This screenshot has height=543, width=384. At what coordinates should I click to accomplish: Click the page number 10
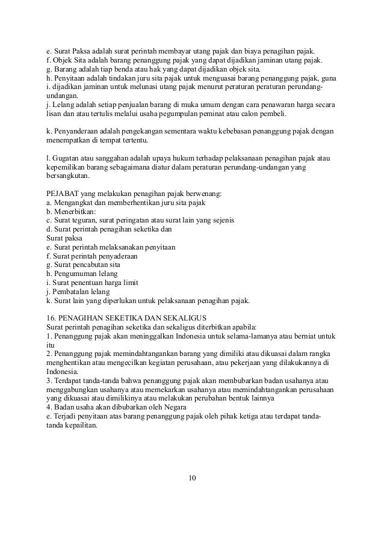coord(192,478)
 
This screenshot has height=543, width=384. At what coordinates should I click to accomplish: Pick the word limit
coord(131,282)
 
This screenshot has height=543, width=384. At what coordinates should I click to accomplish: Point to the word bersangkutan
coord(67,177)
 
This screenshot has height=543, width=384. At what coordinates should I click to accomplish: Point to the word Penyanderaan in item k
coord(75,132)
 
